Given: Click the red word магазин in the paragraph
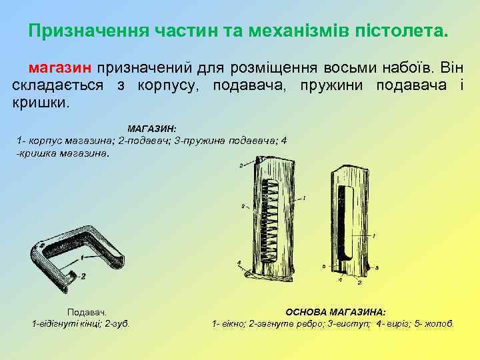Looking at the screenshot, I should [61, 69].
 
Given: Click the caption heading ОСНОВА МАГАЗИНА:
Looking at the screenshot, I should [335, 312].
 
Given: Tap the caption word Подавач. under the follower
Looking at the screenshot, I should [87, 312].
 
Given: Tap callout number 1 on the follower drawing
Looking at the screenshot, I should [81, 257].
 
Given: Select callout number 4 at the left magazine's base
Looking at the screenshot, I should [239, 264].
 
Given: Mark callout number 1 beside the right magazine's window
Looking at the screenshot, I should [374, 235].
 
